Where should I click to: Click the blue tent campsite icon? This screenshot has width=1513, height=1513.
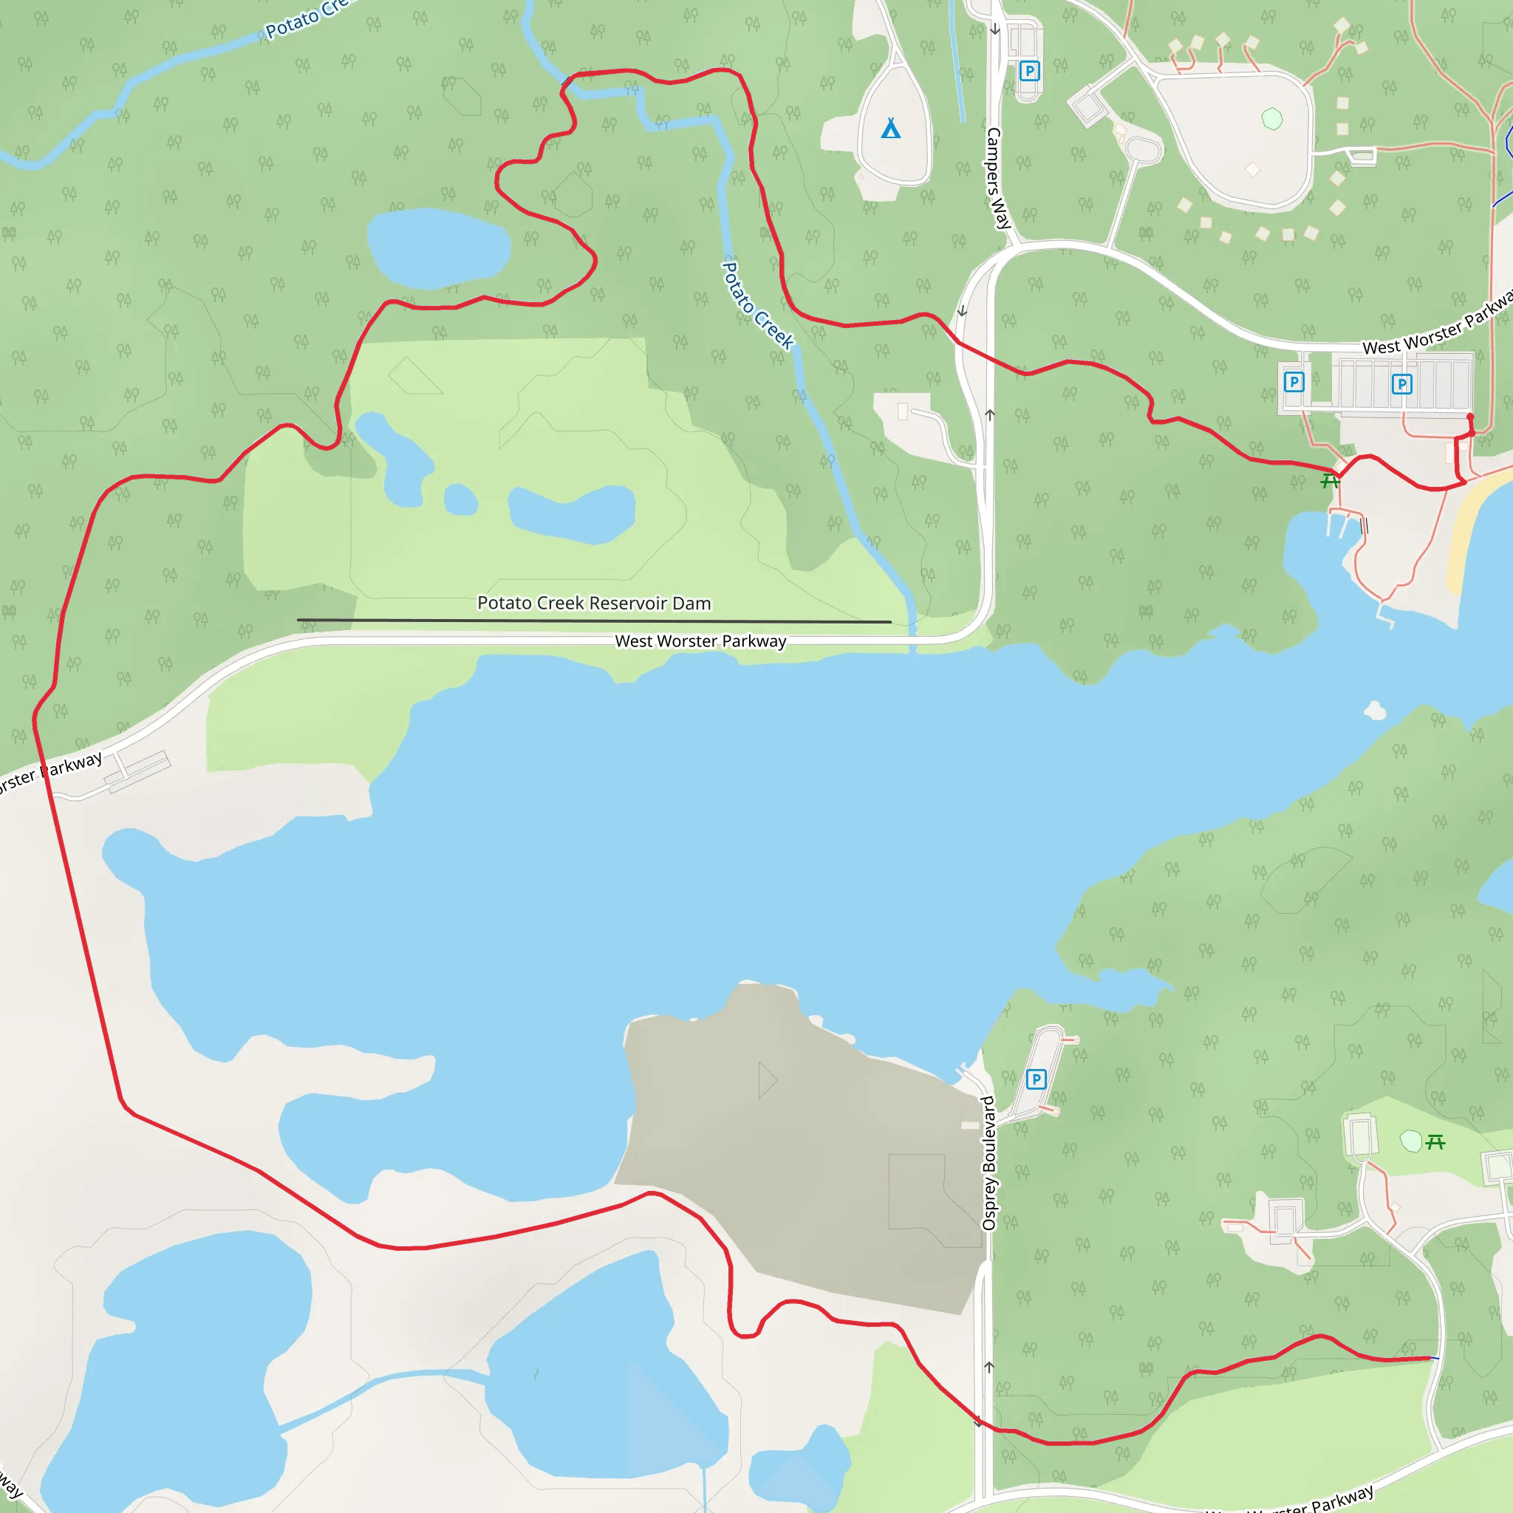[890, 129]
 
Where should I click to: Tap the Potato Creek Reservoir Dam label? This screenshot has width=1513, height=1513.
[594, 603]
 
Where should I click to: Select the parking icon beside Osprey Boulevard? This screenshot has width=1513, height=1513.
[1035, 1079]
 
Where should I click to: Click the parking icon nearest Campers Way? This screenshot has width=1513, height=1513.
[1029, 71]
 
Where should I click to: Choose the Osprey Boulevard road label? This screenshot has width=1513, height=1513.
[988, 1163]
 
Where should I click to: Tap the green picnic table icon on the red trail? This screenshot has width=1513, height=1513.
[1330, 481]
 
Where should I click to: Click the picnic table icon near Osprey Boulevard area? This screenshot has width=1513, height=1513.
[1435, 1143]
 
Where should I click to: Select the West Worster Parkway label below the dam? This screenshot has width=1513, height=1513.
[700, 641]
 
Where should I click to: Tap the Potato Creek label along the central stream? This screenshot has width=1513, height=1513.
[756, 305]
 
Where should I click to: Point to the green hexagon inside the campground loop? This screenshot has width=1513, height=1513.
[1272, 119]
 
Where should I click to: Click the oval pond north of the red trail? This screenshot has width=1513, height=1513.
[439, 247]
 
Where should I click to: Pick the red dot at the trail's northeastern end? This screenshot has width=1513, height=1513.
[1470, 417]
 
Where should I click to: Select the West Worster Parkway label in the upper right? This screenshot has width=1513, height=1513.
[1437, 325]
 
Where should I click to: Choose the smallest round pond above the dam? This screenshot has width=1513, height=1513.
[460, 499]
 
